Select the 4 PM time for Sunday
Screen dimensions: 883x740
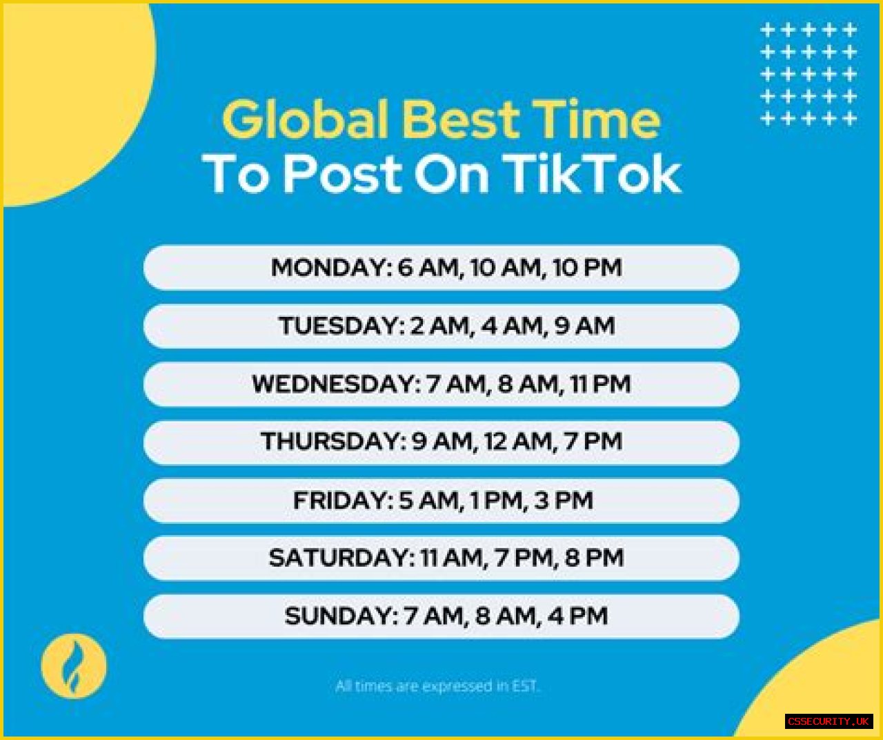577,616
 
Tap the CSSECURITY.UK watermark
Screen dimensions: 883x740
829,721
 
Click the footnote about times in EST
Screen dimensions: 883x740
437,686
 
